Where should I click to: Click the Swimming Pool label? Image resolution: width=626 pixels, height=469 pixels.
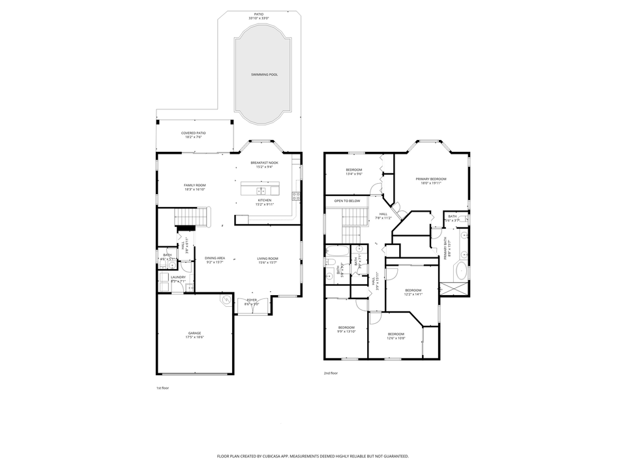264,75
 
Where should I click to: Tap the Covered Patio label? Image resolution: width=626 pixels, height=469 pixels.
194,133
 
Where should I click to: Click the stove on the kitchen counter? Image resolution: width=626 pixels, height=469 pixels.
296,195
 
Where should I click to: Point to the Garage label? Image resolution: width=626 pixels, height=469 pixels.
194,333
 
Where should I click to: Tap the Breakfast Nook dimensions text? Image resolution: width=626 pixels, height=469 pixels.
264,167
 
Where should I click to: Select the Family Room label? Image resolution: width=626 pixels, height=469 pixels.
194,185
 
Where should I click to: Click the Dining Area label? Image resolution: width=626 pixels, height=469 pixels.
215,259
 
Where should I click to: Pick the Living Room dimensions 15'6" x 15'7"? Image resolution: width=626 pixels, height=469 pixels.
267,263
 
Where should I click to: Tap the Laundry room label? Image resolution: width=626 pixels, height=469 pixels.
178,277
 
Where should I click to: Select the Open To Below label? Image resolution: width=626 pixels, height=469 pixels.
347,201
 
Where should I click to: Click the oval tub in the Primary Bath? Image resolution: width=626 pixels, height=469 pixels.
461,271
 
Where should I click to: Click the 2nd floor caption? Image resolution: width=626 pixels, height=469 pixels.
331,373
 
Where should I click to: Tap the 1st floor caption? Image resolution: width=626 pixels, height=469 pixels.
163,388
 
